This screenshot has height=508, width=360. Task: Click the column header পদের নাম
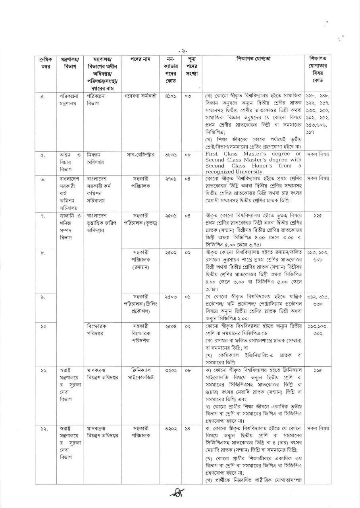pyautogui.click(x=141, y=59)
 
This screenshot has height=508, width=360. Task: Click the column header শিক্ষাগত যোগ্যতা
pyautogui.click(x=255, y=59)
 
